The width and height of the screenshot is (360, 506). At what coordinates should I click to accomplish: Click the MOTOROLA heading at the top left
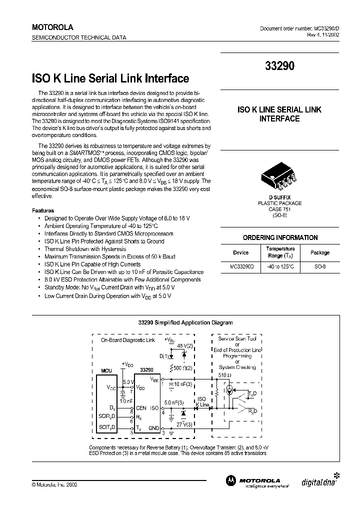[x=52, y=27]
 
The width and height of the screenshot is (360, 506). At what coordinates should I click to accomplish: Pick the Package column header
[x=320, y=252]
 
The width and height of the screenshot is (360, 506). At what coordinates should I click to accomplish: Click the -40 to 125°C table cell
[x=280, y=267]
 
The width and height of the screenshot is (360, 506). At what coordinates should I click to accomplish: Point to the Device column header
[x=240, y=252]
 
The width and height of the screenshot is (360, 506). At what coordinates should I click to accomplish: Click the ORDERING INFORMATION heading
[x=280, y=237]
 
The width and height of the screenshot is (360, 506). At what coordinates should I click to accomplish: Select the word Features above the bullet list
[x=43, y=210]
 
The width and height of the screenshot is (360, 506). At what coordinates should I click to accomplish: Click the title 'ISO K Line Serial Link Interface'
[x=110, y=78]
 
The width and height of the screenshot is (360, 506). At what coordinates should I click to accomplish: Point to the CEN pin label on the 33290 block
[x=141, y=407]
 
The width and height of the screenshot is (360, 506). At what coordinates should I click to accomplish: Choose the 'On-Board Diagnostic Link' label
[x=128, y=339]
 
